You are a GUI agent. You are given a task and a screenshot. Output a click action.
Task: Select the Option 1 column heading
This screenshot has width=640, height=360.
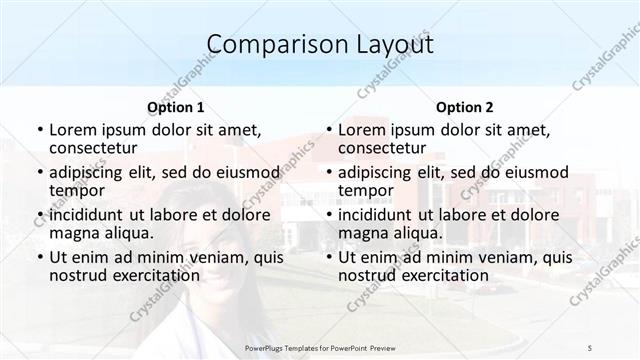tap(176, 107)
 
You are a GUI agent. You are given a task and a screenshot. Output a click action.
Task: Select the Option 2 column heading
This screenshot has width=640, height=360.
tap(465, 107)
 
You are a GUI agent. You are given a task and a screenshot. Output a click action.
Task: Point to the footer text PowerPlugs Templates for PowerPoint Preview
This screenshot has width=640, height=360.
tap(320, 347)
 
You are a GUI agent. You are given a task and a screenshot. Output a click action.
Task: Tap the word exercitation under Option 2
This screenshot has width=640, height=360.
tap(446, 275)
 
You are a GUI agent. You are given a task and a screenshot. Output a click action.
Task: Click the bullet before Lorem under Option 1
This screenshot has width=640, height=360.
tap(39, 130)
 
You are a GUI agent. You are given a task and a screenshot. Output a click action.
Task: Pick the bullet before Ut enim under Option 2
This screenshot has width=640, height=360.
tap(328, 257)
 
